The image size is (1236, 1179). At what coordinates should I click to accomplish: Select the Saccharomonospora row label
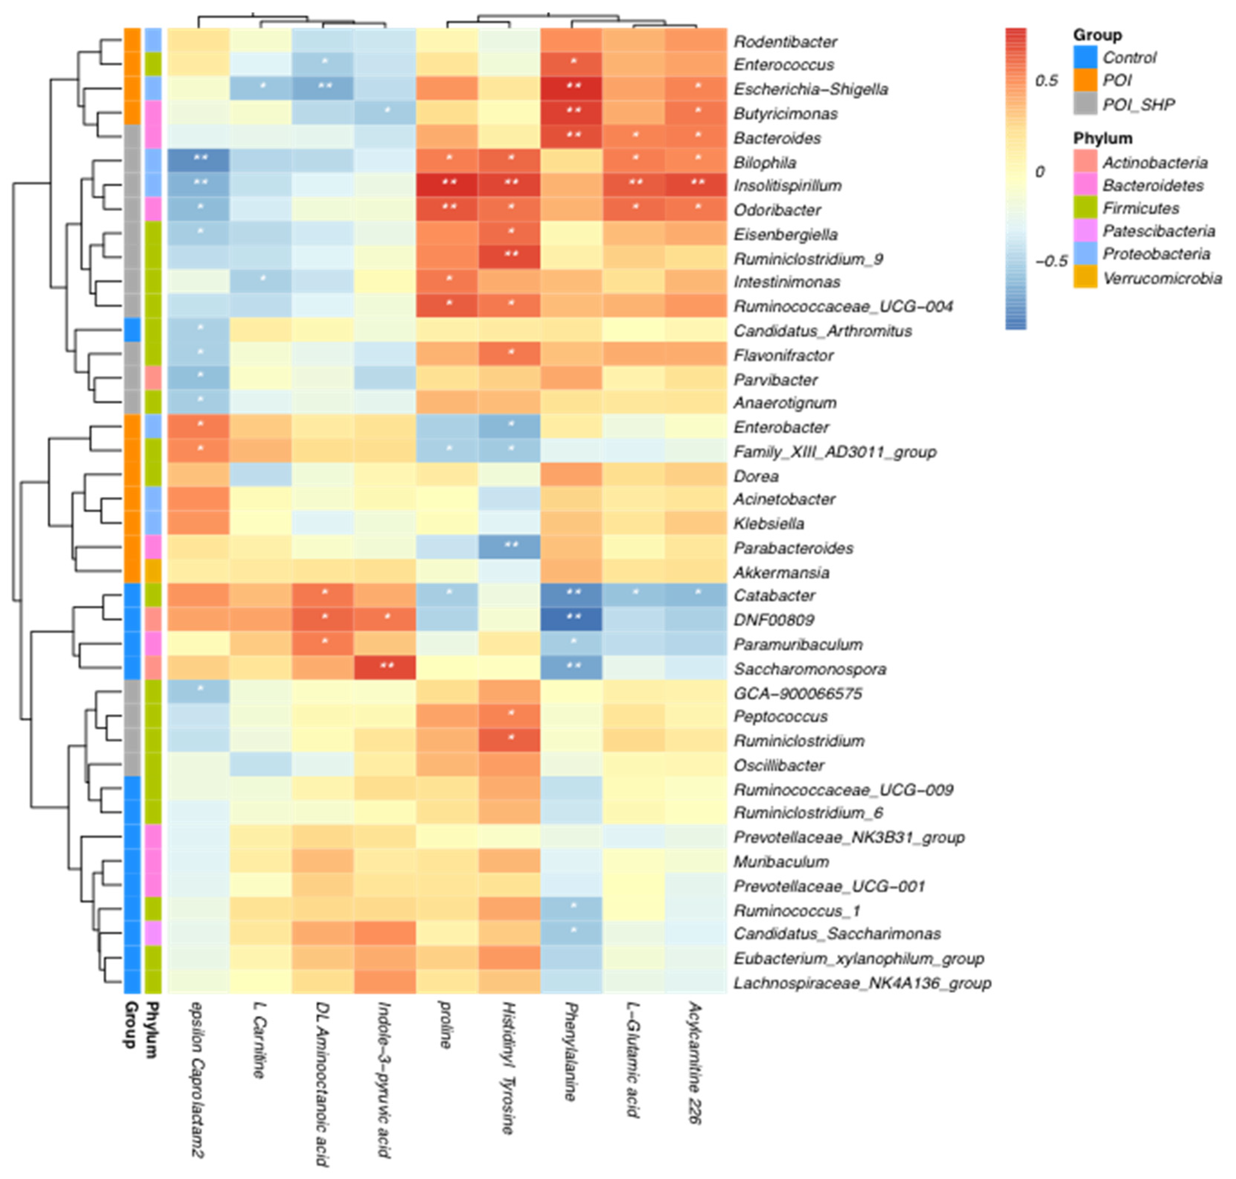point(809,669)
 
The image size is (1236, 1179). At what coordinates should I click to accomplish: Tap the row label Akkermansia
point(781,572)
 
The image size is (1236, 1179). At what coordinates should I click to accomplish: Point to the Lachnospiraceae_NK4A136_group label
point(862,983)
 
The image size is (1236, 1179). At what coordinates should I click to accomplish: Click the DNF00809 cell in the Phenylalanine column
point(571,620)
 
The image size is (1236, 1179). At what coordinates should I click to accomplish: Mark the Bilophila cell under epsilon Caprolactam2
point(199,161)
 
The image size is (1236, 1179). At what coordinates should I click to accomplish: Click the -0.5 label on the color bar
point(1050,260)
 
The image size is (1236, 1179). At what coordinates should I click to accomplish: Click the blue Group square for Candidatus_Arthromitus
point(131,330)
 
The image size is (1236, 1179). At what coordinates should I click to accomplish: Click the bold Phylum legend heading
point(1102,138)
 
